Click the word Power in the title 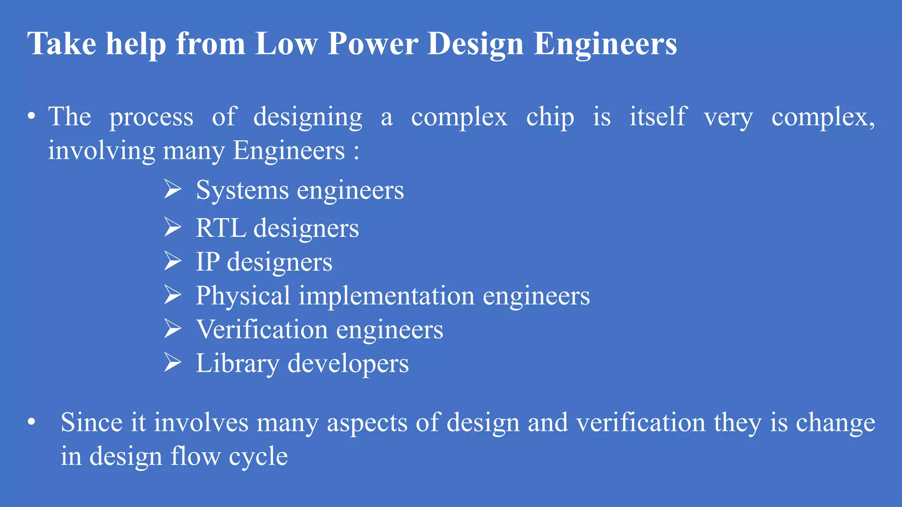pyautogui.click(x=373, y=44)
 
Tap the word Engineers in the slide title pyautogui.click(x=605, y=44)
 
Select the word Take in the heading pyautogui.click(x=62, y=44)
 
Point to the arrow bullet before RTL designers pyautogui.click(x=173, y=227)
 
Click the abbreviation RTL pyautogui.click(x=221, y=228)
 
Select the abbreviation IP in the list pyautogui.click(x=207, y=262)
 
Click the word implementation pyautogui.click(x=387, y=296)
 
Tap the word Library pyautogui.click(x=237, y=364)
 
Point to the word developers pyautogui.click(x=348, y=364)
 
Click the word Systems pyautogui.click(x=242, y=190)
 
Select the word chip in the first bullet pyautogui.click(x=550, y=117)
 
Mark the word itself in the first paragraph pyautogui.click(x=658, y=117)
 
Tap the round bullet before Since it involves pyautogui.click(x=31, y=422)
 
